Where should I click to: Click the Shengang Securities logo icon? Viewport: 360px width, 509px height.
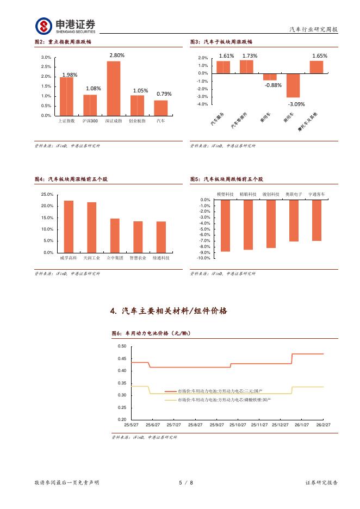coord(44,26)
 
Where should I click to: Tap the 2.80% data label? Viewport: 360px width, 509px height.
coord(117,55)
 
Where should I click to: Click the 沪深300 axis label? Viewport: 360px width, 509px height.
coord(90,121)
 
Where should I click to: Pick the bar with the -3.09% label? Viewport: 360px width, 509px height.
coord(293,85)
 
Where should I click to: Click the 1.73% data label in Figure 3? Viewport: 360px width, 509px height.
coord(250,55)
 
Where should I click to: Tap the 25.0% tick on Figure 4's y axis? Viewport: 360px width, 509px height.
coord(47,194)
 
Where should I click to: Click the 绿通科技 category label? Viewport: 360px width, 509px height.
coord(161,258)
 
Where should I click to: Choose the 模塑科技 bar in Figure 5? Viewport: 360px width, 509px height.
coord(225,226)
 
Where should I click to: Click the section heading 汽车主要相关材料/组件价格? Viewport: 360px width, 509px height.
coord(169,311)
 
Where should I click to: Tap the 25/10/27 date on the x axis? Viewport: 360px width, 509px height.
coord(237,425)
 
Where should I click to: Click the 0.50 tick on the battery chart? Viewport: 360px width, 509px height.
coord(122,346)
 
